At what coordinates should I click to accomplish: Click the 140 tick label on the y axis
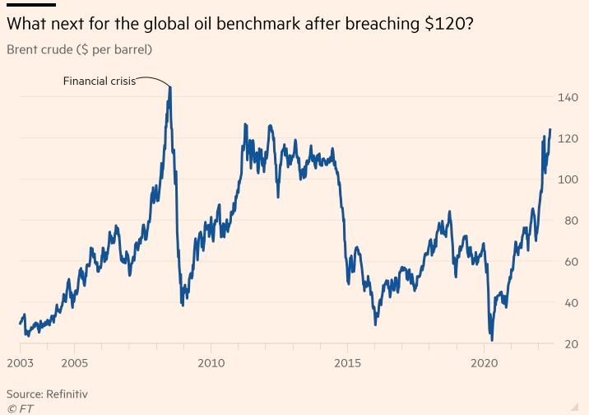point(568,97)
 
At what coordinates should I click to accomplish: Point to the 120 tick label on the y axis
point(568,138)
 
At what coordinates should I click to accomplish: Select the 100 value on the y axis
point(568,180)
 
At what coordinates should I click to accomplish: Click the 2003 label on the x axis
point(20,362)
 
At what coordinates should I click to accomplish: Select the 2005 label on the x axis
point(74,362)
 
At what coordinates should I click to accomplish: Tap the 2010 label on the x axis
point(211,362)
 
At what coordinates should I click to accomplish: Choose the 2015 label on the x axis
point(348,362)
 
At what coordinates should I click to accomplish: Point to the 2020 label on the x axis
point(485,362)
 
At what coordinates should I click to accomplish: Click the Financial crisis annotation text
point(100,81)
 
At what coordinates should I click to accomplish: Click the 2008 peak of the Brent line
point(169,86)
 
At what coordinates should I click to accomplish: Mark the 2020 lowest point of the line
point(492,339)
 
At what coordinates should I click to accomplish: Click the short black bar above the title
point(30,5)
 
